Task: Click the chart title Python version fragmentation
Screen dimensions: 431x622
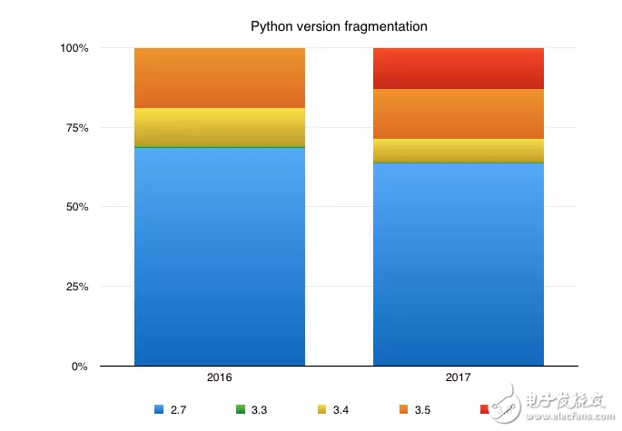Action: pos(339,26)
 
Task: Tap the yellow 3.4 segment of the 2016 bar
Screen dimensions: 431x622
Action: pos(219,127)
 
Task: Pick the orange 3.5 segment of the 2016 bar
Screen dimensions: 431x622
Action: pos(219,78)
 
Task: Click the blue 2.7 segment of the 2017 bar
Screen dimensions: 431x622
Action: pos(459,264)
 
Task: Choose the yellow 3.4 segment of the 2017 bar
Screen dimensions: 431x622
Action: pos(459,151)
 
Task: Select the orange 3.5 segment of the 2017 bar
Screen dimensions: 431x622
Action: pos(459,113)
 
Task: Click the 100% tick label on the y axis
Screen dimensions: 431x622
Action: pos(74,48)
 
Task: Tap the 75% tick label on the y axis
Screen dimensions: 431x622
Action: pos(76,128)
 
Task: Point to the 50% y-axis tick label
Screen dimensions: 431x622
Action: pos(76,207)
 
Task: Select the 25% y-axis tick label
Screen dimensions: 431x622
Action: pos(76,287)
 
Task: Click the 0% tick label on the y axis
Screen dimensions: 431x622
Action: pos(80,367)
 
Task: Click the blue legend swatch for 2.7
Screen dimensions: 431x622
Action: pos(159,410)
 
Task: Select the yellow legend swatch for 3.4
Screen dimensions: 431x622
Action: pos(322,410)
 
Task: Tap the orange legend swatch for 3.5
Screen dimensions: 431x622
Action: pos(403,410)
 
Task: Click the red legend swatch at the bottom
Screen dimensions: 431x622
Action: pos(485,410)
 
